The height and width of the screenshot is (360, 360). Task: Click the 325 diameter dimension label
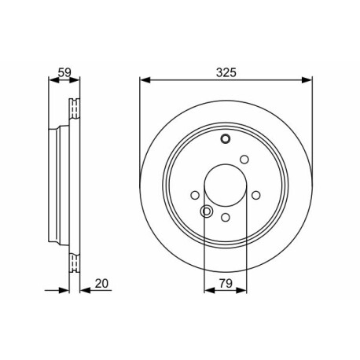[x=226, y=72]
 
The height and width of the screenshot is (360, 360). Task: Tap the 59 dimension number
[x=64, y=72]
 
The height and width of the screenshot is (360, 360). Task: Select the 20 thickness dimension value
[x=101, y=284]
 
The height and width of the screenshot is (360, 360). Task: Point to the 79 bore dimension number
[x=226, y=284]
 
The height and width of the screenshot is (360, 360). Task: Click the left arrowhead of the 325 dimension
[x=145, y=80]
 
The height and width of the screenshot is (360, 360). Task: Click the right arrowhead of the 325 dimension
[x=307, y=80]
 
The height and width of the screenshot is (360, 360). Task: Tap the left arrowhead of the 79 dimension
[x=209, y=290]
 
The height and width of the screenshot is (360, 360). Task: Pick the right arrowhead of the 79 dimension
[x=241, y=290]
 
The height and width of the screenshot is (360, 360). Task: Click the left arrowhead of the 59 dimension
[x=54, y=80]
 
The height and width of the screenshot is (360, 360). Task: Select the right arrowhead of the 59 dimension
[x=75, y=80]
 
